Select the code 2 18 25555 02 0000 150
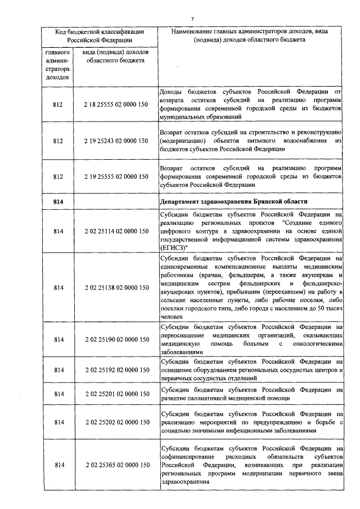coord(116,104)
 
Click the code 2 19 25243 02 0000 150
coord(116,141)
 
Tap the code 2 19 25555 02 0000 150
coord(116,177)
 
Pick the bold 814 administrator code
coord(59,201)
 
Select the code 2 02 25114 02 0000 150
coord(116,231)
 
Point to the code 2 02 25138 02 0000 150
coord(116,287)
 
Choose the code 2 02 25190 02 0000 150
coord(116,340)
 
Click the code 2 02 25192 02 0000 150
coord(116,370)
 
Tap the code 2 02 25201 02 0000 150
coord(116,394)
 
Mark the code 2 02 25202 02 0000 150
coord(116,422)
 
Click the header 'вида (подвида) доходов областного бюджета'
coord(116,56)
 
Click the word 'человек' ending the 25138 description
coord(172,318)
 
